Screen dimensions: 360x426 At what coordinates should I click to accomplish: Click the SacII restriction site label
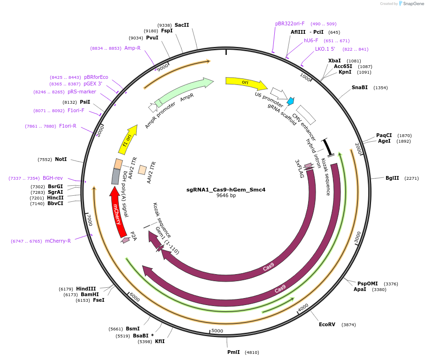point(182,25)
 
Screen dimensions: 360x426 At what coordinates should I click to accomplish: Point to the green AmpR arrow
point(183,92)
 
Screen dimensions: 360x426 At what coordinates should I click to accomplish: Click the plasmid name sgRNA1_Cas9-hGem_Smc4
point(226,190)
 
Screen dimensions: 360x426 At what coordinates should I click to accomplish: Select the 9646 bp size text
point(226,196)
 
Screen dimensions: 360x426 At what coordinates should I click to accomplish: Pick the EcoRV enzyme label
point(327,324)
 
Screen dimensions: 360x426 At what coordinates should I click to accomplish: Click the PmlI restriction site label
point(233,352)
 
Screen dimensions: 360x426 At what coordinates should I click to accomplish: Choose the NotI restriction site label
point(61,159)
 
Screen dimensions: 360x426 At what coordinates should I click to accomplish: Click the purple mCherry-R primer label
point(58,241)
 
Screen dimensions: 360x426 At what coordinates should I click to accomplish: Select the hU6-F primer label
point(311,40)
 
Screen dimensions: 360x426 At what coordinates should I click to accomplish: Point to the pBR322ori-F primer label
point(290,23)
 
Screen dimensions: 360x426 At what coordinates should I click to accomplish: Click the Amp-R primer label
point(132,48)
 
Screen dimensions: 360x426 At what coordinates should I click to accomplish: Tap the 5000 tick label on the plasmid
point(217,331)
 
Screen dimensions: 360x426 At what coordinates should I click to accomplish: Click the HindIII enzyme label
point(86,289)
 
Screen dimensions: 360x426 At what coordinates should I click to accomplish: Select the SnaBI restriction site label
point(360,87)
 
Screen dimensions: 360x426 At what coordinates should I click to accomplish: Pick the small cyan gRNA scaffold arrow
point(291,101)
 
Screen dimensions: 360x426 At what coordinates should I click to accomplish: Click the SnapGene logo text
point(412,4)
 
